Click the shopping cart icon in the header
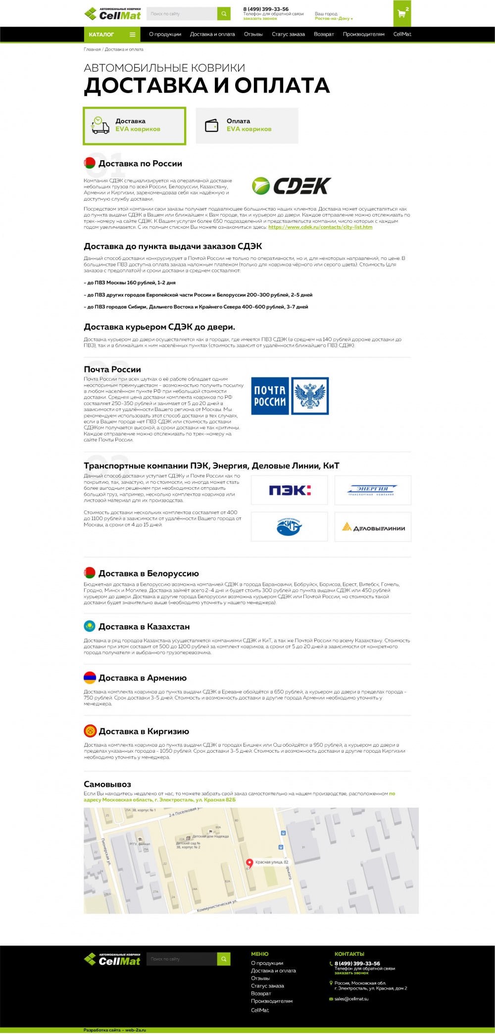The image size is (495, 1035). pyautogui.click(x=401, y=13)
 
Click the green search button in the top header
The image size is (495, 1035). pyautogui.click(x=224, y=14)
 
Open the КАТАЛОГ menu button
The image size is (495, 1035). pyautogui.click(x=112, y=35)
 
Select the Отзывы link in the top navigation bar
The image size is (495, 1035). pyautogui.click(x=253, y=35)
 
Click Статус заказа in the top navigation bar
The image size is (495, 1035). pyautogui.click(x=288, y=35)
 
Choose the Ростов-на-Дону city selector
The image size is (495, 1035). pyautogui.click(x=334, y=19)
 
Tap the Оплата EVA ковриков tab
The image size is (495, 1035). pyautogui.click(x=247, y=126)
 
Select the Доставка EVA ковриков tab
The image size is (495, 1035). pyautogui.click(x=134, y=126)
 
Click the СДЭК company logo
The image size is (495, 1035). pyautogui.click(x=292, y=186)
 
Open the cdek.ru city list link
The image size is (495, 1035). pyautogui.click(x=320, y=227)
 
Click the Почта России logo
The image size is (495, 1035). pyautogui.click(x=290, y=396)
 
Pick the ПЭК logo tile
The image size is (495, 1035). pyautogui.click(x=290, y=490)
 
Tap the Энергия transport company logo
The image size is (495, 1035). pyautogui.click(x=373, y=490)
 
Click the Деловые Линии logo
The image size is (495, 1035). pyautogui.click(x=373, y=527)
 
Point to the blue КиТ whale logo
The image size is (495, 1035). pyautogui.click(x=290, y=527)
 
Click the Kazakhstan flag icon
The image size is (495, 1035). pyautogui.click(x=90, y=626)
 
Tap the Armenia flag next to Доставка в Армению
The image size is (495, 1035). pyautogui.click(x=90, y=678)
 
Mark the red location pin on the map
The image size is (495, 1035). pyautogui.click(x=249, y=863)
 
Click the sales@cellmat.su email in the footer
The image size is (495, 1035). pyautogui.click(x=351, y=999)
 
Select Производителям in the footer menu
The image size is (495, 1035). pyautogui.click(x=272, y=1001)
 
